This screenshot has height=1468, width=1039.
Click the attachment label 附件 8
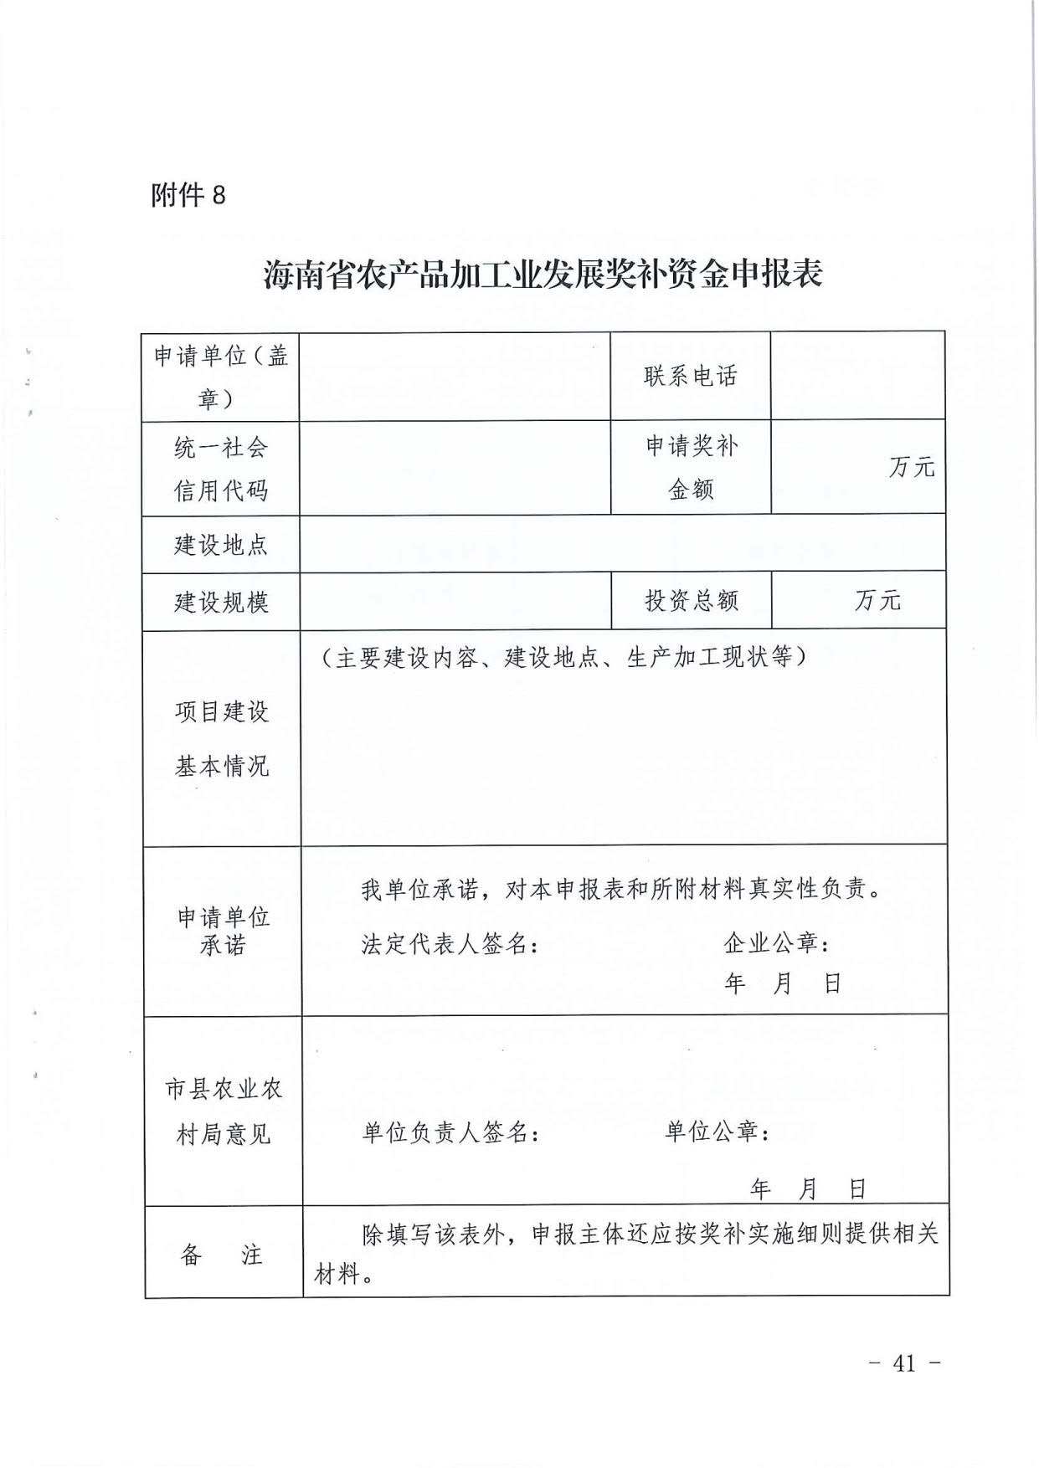click(x=188, y=195)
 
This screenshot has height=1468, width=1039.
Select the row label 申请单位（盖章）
click(x=220, y=377)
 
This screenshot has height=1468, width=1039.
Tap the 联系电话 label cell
click(x=690, y=377)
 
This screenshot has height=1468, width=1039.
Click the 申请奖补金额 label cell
click(x=691, y=467)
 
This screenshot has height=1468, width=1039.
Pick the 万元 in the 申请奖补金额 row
click(x=911, y=467)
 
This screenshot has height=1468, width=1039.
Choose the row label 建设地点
click(x=220, y=545)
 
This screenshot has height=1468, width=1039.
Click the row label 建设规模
click(x=220, y=602)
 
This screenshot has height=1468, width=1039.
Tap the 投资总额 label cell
click(x=691, y=600)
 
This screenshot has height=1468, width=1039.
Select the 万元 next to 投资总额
click(x=877, y=600)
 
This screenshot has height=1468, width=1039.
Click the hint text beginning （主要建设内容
click(x=563, y=658)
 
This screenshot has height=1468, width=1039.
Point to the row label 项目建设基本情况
click(x=222, y=738)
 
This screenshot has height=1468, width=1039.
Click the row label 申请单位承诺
click(x=223, y=931)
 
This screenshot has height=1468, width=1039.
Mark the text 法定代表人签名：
click(x=450, y=944)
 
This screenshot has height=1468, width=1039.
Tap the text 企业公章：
click(x=777, y=943)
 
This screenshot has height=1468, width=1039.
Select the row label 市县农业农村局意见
click(x=223, y=1111)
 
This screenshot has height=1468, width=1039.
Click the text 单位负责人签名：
click(x=450, y=1132)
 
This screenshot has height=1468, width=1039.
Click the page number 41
click(x=905, y=1363)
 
